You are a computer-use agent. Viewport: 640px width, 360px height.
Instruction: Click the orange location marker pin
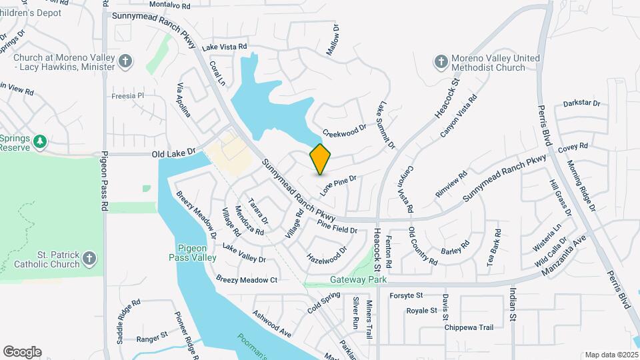tap(321, 159)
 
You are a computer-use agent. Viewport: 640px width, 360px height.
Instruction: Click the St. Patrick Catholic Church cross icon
tap(90, 259)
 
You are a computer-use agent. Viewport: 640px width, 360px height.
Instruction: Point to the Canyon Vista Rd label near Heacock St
tap(459, 117)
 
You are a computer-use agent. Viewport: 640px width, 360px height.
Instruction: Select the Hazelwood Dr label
tap(327, 253)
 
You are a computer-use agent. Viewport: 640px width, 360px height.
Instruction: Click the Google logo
tap(22, 351)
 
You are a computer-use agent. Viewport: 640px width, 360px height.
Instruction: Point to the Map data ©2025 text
tap(610, 355)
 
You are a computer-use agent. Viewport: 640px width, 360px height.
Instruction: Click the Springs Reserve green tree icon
tap(41, 141)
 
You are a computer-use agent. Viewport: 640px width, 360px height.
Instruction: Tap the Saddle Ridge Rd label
tap(128, 321)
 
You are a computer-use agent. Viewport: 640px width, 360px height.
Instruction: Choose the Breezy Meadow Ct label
tap(247, 280)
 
